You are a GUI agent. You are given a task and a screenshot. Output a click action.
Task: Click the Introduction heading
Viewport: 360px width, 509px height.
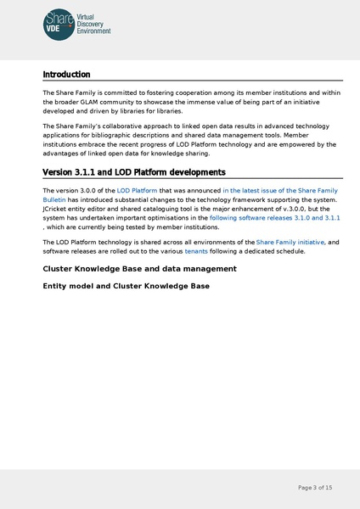click(66, 75)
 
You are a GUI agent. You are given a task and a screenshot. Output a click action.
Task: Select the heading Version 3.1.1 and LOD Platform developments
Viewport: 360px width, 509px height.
click(133, 173)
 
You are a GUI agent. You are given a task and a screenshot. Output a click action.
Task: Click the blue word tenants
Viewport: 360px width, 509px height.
click(196, 252)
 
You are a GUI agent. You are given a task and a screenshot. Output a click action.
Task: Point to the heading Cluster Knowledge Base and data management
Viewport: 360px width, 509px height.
click(139, 269)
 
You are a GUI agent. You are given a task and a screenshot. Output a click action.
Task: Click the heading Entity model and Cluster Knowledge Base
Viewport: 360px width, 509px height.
click(126, 286)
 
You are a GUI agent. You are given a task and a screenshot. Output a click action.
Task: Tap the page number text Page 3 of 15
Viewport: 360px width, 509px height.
click(315, 488)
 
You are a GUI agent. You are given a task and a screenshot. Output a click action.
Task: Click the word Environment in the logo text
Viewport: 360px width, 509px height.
click(93, 31)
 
